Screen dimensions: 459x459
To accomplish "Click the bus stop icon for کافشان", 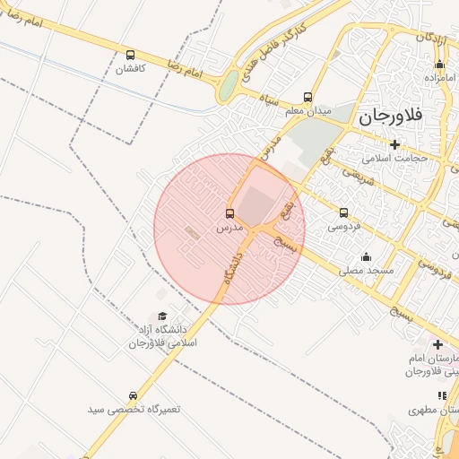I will [132, 55].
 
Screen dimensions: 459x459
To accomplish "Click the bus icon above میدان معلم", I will [308, 97].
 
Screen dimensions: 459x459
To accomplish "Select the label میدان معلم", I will [308, 110].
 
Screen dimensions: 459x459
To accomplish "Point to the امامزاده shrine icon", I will [439, 64].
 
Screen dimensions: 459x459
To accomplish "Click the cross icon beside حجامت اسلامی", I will [394, 144].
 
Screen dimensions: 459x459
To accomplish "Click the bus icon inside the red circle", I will [230, 214].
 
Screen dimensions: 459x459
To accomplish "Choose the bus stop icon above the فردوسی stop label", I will [344, 213].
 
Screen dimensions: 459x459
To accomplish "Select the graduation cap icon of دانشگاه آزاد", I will [162, 316].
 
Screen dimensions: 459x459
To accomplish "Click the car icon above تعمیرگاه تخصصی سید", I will [134, 395].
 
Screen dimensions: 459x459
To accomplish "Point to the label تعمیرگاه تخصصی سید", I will [134, 409].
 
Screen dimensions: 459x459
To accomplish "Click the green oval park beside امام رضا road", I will [229, 86].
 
